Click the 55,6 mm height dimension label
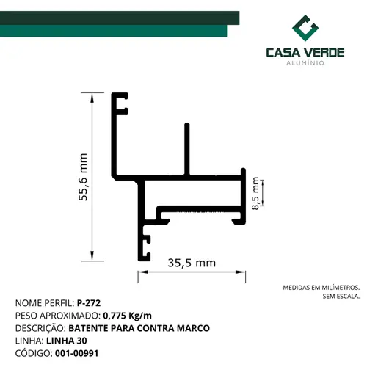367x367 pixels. pyautogui.click(x=83, y=177)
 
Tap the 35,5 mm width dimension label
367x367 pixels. pyautogui.click(x=192, y=263)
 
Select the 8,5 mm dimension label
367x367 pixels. pyautogui.click(x=255, y=193)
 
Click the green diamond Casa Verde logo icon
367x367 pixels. pyautogui.click(x=305, y=28)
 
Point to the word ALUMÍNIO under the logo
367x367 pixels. pyautogui.click(x=305, y=63)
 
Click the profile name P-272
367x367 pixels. pyautogui.click(x=89, y=303)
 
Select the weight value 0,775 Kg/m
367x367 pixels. pyautogui.click(x=128, y=316)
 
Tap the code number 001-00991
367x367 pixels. pyautogui.click(x=77, y=353)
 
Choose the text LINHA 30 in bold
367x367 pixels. pyautogui.click(x=67, y=341)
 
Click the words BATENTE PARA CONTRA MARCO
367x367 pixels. pyautogui.click(x=139, y=328)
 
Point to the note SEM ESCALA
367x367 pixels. pyautogui.click(x=341, y=296)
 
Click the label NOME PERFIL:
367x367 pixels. pyautogui.click(x=45, y=303)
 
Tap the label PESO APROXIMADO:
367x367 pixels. pyautogui.click(x=58, y=316)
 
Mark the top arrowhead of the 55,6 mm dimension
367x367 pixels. pyautogui.click(x=92, y=97)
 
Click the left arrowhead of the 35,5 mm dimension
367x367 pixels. pyautogui.click(x=143, y=272)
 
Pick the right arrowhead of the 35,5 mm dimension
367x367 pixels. pyautogui.click(x=241, y=272)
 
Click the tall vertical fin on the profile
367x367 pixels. pyautogui.click(x=187, y=149)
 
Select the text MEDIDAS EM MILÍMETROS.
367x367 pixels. pyautogui.click(x=321, y=288)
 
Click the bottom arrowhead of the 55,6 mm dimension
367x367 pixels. pyautogui.click(x=92, y=256)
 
